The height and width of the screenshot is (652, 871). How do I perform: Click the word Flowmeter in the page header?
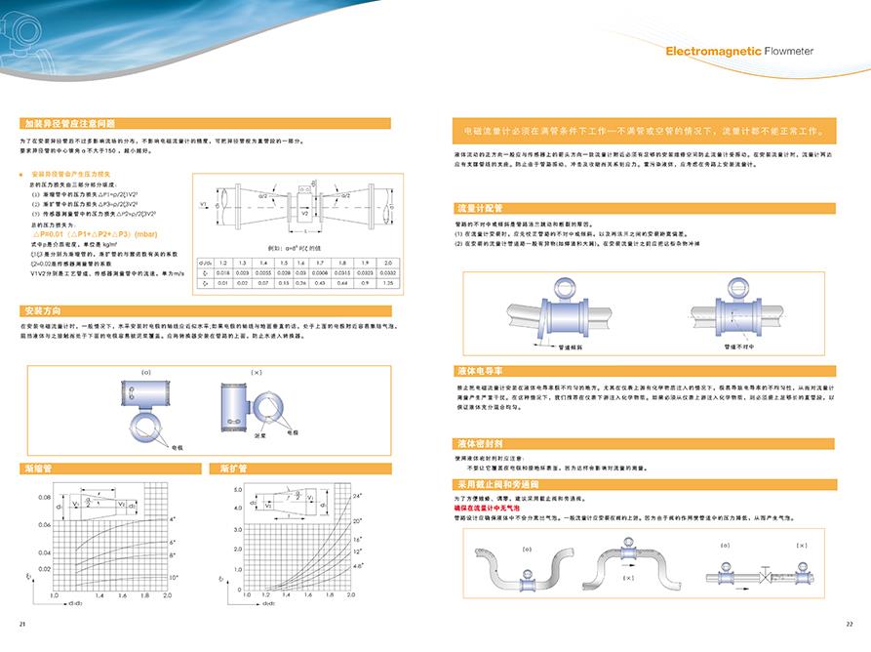(789, 52)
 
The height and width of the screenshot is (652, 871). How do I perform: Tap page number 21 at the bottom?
(22, 624)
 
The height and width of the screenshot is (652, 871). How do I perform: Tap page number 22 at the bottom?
(849, 624)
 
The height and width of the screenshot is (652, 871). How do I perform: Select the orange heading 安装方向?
(43, 311)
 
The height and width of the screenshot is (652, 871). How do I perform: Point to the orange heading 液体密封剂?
(479, 443)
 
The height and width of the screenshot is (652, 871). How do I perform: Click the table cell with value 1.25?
(388, 283)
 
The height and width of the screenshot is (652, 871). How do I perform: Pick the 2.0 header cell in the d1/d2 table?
(388, 263)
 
